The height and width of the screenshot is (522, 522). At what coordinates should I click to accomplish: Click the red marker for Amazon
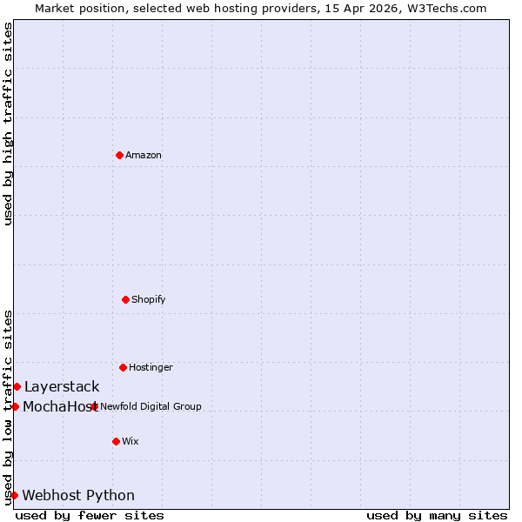tap(119, 155)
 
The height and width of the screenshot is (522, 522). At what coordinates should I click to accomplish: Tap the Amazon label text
tap(144, 155)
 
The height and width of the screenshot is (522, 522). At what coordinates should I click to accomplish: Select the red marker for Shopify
tap(125, 299)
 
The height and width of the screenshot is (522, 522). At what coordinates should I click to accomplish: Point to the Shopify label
tap(149, 299)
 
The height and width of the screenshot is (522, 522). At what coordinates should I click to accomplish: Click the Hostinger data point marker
tap(123, 367)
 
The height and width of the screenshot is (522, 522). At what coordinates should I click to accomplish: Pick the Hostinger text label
tap(151, 367)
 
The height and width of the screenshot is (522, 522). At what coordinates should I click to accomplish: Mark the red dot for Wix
tap(116, 441)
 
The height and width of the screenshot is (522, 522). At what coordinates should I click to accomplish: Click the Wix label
tap(130, 441)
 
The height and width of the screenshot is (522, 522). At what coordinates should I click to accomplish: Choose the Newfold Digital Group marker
tap(94, 406)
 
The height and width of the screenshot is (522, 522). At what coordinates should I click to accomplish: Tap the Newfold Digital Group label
tap(151, 406)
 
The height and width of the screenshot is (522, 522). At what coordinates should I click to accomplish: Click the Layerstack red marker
tap(17, 386)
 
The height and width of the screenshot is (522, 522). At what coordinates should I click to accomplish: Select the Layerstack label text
tap(62, 386)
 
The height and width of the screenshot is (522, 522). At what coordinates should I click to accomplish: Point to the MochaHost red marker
tap(15, 406)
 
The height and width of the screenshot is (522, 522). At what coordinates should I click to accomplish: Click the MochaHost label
tap(57, 406)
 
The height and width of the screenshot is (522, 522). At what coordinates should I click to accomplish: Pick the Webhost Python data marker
tap(14, 495)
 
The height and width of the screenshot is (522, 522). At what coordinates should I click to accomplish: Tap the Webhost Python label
tap(78, 495)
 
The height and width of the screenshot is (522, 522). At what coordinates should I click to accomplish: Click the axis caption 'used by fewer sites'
tap(90, 515)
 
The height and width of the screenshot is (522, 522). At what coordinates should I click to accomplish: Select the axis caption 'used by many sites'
tap(437, 515)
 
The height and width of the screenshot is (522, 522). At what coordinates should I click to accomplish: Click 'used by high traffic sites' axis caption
tap(8, 124)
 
